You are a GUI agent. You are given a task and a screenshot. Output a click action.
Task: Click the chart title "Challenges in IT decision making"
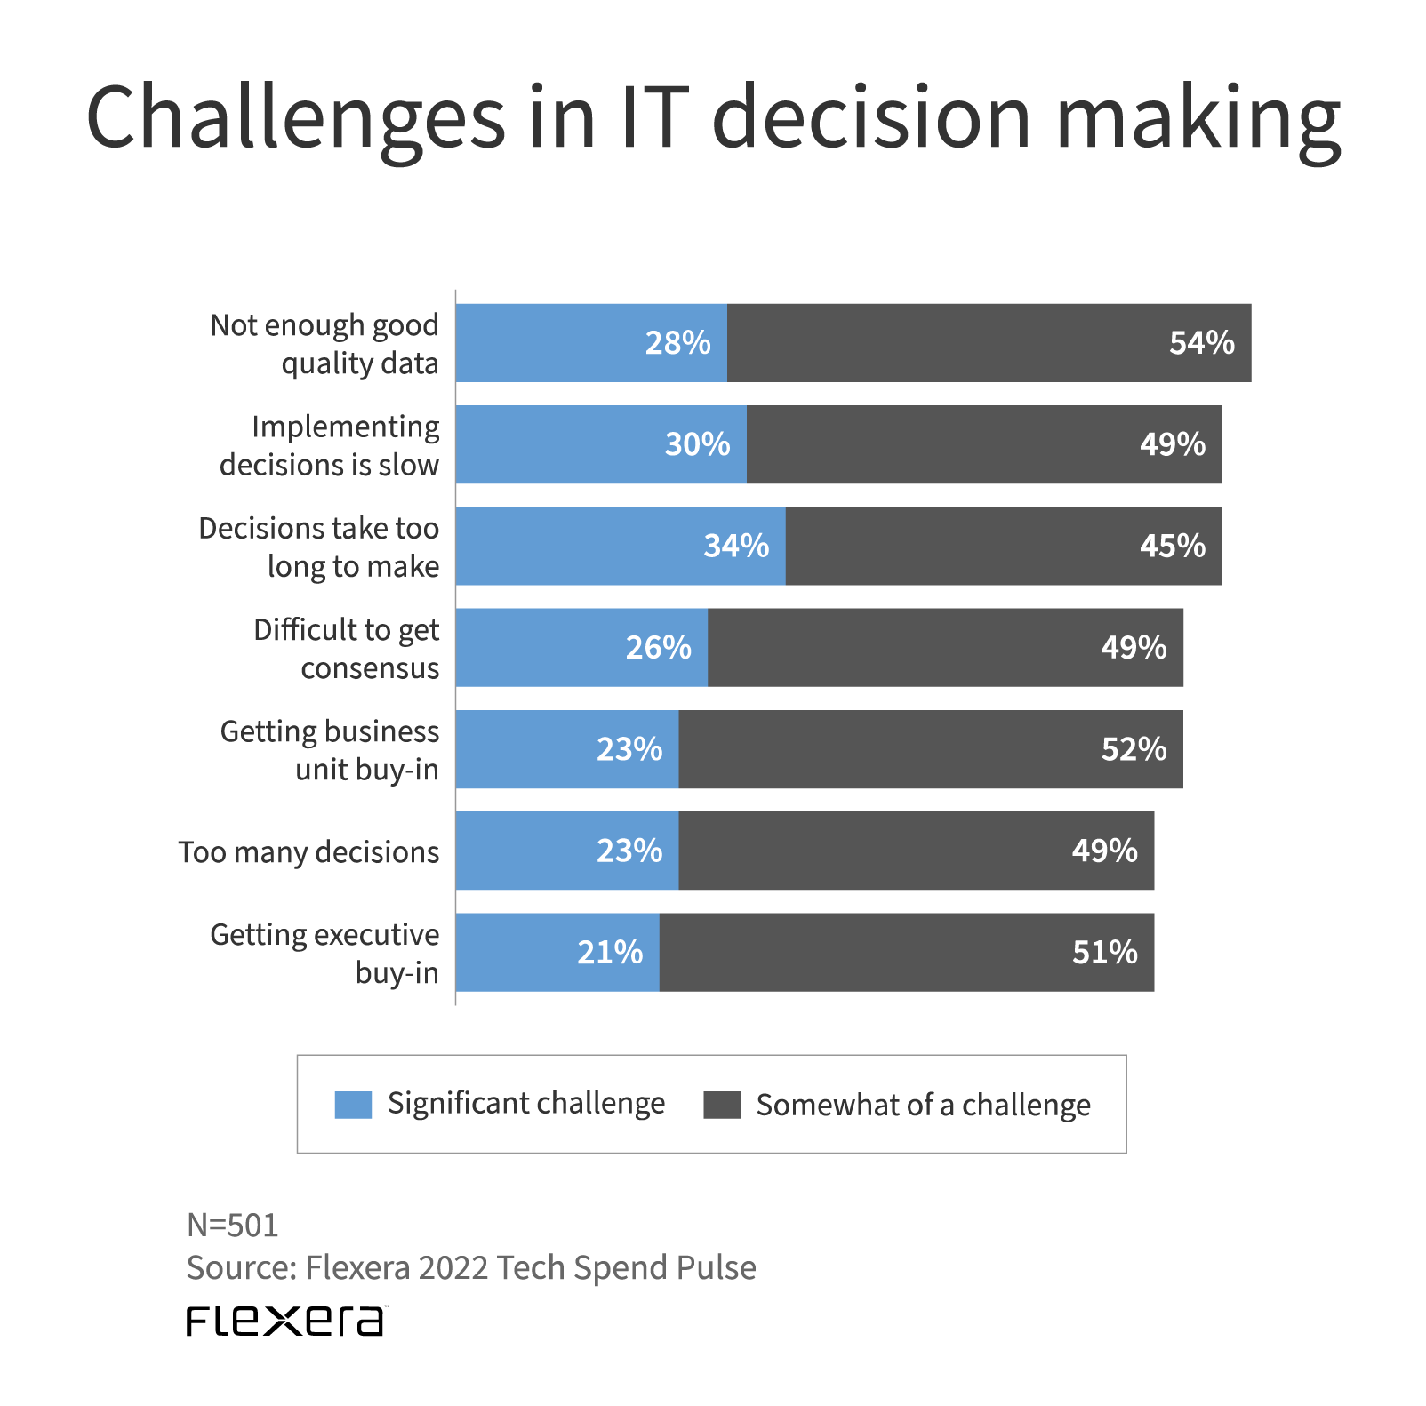(x=713, y=117)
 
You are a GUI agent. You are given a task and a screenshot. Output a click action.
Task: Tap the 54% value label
(x=1201, y=343)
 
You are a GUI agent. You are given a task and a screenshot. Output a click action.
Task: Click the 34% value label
(x=736, y=546)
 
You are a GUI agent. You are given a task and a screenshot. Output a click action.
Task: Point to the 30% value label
(x=697, y=444)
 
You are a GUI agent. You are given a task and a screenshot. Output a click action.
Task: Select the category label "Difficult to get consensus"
(x=346, y=648)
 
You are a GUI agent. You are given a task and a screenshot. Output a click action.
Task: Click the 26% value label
(x=658, y=648)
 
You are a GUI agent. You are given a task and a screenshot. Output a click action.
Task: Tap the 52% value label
(x=1134, y=749)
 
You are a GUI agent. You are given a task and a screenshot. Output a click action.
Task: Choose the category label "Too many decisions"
(x=308, y=851)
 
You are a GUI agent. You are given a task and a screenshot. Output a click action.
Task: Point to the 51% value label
(x=1104, y=952)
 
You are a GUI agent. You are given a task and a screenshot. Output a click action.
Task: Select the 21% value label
(x=610, y=952)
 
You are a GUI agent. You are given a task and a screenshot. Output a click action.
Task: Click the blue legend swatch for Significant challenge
(x=353, y=1105)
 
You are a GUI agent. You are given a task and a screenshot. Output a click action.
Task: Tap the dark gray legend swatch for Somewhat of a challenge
(x=721, y=1105)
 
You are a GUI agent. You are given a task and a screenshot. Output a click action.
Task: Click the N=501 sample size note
(x=232, y=1225)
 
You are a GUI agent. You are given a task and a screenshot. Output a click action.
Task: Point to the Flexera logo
(x=286, y=1321)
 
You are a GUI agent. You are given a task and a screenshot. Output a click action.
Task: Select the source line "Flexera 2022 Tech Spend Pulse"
(x=471, y=1267)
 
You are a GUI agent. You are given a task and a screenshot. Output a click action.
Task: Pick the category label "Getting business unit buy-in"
(x=330, y=749)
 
